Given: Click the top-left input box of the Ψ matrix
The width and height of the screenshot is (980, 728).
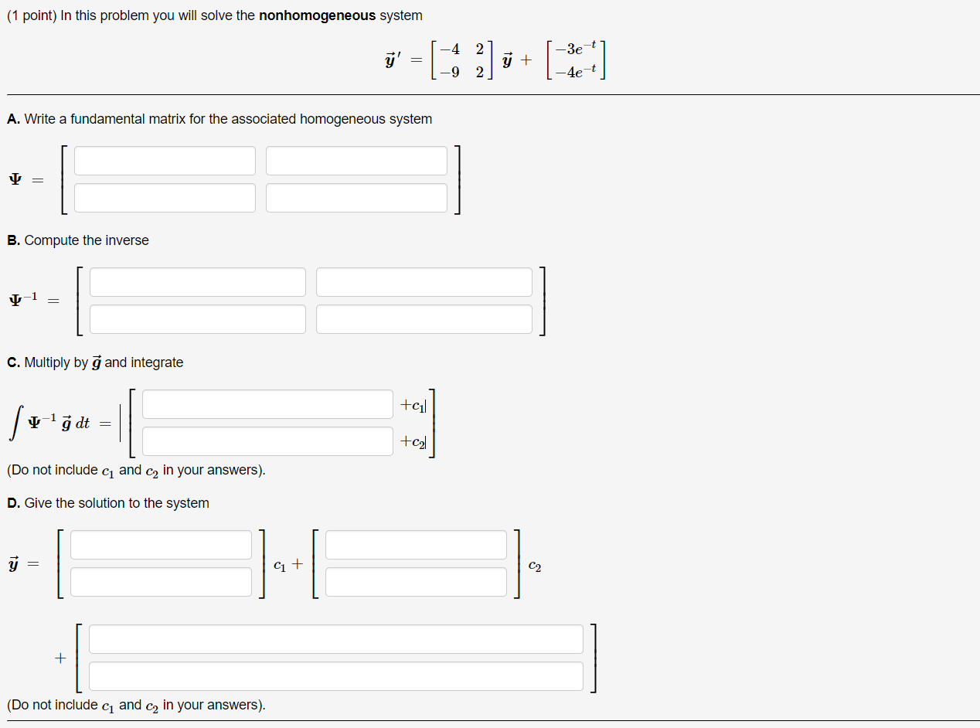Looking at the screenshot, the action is pos(165,161).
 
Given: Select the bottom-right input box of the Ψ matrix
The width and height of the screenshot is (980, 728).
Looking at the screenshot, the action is pos(356,198).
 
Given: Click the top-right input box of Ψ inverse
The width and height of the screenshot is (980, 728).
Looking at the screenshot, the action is pos(424,282).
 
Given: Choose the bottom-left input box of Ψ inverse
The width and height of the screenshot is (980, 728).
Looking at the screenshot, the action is pos(197,319).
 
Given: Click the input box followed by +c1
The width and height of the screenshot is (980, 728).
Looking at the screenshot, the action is pos(267,404).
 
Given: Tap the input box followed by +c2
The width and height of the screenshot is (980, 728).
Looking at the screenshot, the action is pos(267,441).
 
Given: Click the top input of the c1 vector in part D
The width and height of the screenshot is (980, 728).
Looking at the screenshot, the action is pos(161,545).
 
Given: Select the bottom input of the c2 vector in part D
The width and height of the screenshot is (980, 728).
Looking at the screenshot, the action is pos(416,582).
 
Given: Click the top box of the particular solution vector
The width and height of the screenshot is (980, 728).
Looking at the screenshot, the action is pos(335,639).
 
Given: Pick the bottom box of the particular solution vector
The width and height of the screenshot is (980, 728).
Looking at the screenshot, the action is pos(335,676).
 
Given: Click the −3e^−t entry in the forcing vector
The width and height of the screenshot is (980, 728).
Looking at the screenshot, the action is pos(580,49).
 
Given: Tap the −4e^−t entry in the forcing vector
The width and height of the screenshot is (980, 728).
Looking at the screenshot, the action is pos(580,73).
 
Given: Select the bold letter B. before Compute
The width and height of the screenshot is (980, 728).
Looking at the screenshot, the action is pos(14,240).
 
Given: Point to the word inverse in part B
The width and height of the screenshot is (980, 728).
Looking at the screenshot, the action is pos(127,240).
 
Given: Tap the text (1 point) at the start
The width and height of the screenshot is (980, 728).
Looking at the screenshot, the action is pos(31,15).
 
